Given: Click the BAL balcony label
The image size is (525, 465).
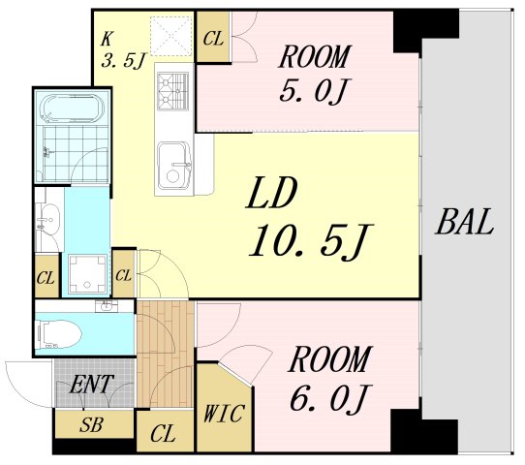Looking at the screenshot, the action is (x=465, y=222).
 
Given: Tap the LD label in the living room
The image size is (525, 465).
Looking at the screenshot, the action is (x=271, y=193).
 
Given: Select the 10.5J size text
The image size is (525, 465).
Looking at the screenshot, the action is (x=310, y=239).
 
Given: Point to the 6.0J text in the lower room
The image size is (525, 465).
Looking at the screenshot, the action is (x=331, y=398).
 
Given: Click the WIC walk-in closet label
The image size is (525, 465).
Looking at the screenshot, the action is (x=224, y=414).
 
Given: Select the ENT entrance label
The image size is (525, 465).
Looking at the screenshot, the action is (x=91, y=385).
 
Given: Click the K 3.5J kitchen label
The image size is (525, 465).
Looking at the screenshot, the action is (x=123, y=51).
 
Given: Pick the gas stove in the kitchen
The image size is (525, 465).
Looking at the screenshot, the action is (x=173, y=91).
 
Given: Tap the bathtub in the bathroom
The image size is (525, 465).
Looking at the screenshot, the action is (x=72, y=108).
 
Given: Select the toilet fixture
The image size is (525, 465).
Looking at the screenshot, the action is (x=60, y=334).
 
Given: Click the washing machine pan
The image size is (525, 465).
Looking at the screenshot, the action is (x=88, y=274).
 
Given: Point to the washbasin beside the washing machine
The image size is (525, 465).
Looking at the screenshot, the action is (x=48, y=220).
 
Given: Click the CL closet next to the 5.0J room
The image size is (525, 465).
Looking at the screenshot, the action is (x=213, y=37).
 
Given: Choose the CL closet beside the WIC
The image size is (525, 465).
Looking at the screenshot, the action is (x=166, y=431).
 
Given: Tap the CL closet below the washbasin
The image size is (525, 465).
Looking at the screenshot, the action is (x=46, y=275).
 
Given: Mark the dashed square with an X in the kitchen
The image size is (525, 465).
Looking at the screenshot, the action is (x=171, y=36).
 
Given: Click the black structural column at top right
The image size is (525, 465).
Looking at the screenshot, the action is (x=425, y=31).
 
